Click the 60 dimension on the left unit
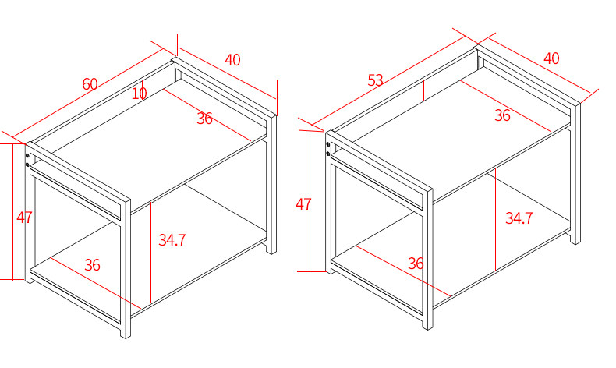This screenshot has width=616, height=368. [90, 84]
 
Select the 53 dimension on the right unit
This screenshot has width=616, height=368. [376, 80]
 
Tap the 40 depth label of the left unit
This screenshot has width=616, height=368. [232, 59]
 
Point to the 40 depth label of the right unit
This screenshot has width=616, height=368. [551, 58]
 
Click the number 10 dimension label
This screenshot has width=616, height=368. [140, 94]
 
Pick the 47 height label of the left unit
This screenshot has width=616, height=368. [24, 218]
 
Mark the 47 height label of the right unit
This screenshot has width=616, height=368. [303, 205]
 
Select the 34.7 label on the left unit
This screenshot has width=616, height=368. [172, 240]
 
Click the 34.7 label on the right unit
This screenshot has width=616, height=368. [519, 218]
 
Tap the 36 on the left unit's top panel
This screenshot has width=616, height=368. [204, 119]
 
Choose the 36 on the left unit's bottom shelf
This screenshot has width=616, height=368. [93, 265]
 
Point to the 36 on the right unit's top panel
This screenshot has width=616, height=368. [502, 115]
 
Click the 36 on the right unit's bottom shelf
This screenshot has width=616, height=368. [416, 264]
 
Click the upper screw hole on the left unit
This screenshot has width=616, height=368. [28, 156]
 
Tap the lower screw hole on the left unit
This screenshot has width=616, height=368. [28, 165]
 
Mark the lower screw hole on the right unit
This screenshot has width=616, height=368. [328, 154]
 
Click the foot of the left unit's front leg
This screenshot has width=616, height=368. [126, 334]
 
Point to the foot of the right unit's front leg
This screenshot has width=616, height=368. [427, 324]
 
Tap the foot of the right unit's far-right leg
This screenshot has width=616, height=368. [575, 241]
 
